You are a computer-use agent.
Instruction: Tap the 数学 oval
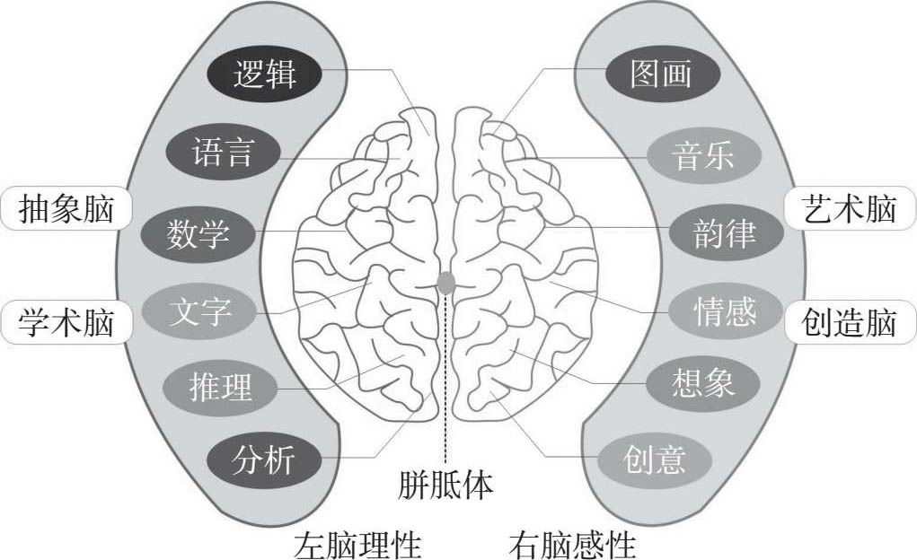(x=198, y=234)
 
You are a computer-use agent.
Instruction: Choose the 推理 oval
(x=221, y=388)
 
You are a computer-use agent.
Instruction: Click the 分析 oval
(x=263, y=461)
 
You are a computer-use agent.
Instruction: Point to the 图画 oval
(x=662, y=74)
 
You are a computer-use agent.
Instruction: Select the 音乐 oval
(x=703, y=155)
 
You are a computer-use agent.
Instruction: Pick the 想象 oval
(x=702, y=383)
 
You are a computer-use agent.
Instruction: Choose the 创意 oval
(x=655, y=459)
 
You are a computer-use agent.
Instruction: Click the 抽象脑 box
(x=66, y=209)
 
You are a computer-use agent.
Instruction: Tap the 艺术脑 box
(x=850, y=209)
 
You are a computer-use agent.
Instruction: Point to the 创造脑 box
(x=850, y=322)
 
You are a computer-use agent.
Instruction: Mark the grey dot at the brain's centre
(x=446, y=283)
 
